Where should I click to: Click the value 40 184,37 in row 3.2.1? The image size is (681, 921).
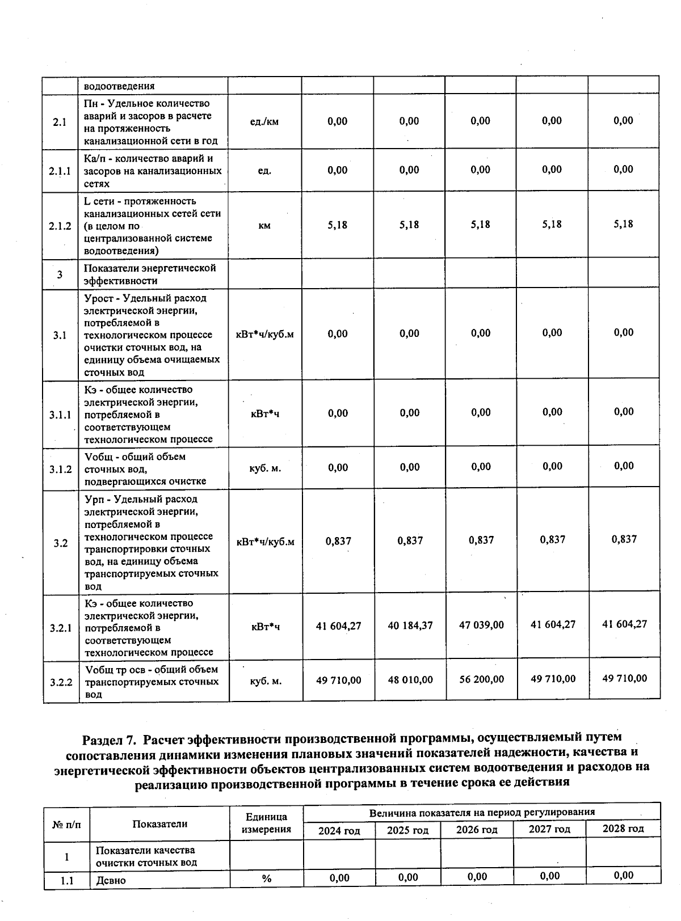[410, 626]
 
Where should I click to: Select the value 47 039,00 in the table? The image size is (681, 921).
[481, 625]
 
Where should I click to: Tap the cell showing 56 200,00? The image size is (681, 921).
[481, 679]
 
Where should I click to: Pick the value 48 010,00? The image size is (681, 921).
[410, 679]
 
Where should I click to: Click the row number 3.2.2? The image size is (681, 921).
[61, 682]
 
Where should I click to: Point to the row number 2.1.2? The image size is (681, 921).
[60, 226]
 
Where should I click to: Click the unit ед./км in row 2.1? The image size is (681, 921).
[264, 121]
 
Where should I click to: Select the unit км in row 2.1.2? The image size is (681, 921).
[264, 226]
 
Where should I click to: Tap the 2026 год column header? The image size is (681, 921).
[477, 830]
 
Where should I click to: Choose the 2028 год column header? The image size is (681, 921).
[623, 829]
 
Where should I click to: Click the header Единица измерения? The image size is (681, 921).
[266, 823]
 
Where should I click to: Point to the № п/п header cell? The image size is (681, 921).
[66, 824]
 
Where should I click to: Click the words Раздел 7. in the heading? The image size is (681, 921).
[109, 740]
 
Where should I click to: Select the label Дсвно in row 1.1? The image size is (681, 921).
[111, 880]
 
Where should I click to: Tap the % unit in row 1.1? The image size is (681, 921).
[266, 879]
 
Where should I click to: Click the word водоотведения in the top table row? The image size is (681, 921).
[119, 87]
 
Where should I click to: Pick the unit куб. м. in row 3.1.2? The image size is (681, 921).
[266, 468]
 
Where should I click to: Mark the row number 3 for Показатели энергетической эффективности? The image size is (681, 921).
[60, 275]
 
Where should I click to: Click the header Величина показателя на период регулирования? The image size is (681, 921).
[482, 812]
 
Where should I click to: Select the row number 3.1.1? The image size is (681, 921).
[60, 415]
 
